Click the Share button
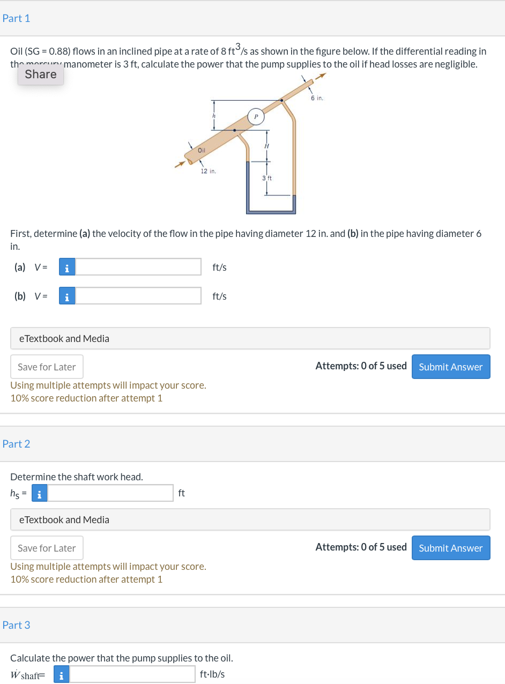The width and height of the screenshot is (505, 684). tap(41, 75)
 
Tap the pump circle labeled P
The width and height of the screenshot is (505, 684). tap(256, 116)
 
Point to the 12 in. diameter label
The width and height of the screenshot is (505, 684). tap(208, 171)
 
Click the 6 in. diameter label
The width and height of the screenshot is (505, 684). tap(317, 98)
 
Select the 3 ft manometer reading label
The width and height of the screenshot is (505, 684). tap(267, 177)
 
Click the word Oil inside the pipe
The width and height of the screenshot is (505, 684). tap(201, 150)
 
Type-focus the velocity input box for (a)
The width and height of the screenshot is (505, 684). tap(138, 267)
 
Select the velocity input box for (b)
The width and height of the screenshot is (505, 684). tap(138, 296)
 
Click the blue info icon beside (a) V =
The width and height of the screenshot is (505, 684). tap(66, 267)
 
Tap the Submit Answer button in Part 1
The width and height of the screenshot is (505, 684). tap(450, 367)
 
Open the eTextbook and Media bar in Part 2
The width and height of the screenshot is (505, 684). tap(250, 519)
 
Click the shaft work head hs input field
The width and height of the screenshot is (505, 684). tap(110, 493)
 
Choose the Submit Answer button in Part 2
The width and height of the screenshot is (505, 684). tap(450, 548)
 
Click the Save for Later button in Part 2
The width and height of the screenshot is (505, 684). tap(47, 548)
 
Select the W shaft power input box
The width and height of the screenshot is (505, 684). tap(132, 674)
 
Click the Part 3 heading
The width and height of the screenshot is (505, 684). tap(17, 625)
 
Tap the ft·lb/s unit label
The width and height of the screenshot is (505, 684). tap(212, 674)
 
